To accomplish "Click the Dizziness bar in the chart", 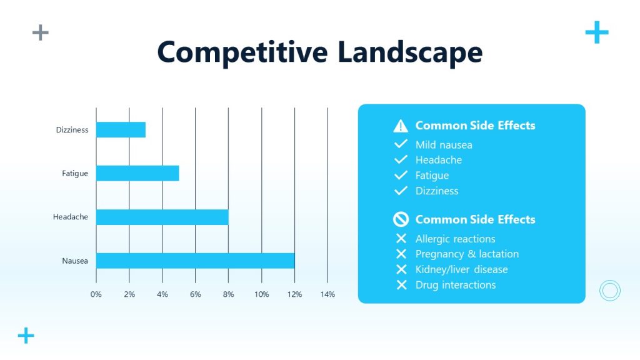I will [x=121, y=130].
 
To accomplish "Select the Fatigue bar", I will [x=137, y=173].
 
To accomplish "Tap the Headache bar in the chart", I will [x=162, y=217].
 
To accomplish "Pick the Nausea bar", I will [x=195, y=261].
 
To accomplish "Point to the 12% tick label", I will [x=294, y=294].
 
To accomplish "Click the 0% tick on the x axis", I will [x=96, y=294].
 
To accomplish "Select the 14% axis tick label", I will [x=327, y=294].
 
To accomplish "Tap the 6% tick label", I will [x=195, y=294].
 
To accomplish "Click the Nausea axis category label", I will [x=75, y=261].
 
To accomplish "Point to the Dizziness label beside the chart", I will [x=72, y=130].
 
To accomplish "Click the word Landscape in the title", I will [x=410, y=52].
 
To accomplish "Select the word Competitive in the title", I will [x=242, y=52].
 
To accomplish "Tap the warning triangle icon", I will [x=401, y=126].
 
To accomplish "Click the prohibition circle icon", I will [x=401, y=219].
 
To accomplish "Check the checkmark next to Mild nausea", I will [x=401, y=145].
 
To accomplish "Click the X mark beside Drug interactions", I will [x=401, y=285].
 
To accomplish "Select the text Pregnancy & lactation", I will [x=467, y=254].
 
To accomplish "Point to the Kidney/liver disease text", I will [x=461, y=269].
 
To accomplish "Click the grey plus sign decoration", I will [x=41, y=32].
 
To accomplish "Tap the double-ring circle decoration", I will [x=609, y=291].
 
